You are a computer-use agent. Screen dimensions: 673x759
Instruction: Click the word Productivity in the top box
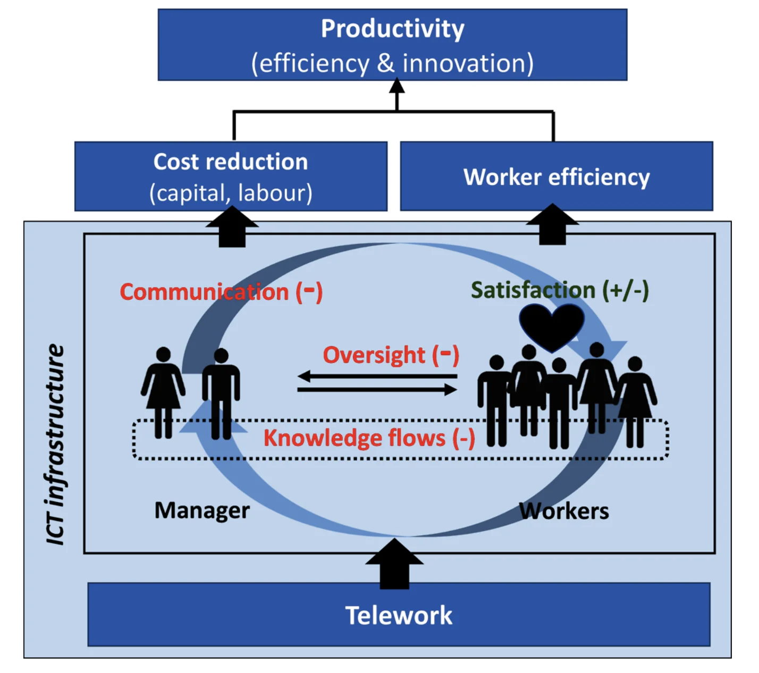click(392, 29)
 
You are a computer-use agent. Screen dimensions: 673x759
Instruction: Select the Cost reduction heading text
click(231, 162)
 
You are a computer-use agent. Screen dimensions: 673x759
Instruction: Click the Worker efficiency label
click(556, 177)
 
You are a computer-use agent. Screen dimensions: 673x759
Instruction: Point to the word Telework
click(399, 616)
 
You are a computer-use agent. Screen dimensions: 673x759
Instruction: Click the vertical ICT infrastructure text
click(55, 444)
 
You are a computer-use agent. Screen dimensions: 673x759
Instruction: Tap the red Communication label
click(205, 292)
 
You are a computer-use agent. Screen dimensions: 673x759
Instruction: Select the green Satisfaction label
click(533, 290)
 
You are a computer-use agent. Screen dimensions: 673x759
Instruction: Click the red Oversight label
click(374, 355)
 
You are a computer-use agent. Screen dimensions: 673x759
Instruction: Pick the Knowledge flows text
click(355, 438)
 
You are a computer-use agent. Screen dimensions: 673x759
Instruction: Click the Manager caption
click(202, 510)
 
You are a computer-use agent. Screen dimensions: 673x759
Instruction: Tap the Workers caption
click(564, 511)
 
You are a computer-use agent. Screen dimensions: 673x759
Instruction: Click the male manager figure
click(221, 391)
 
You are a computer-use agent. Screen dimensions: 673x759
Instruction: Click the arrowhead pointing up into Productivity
click(397, 87)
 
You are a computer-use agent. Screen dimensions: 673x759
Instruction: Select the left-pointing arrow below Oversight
click(377, 377)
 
